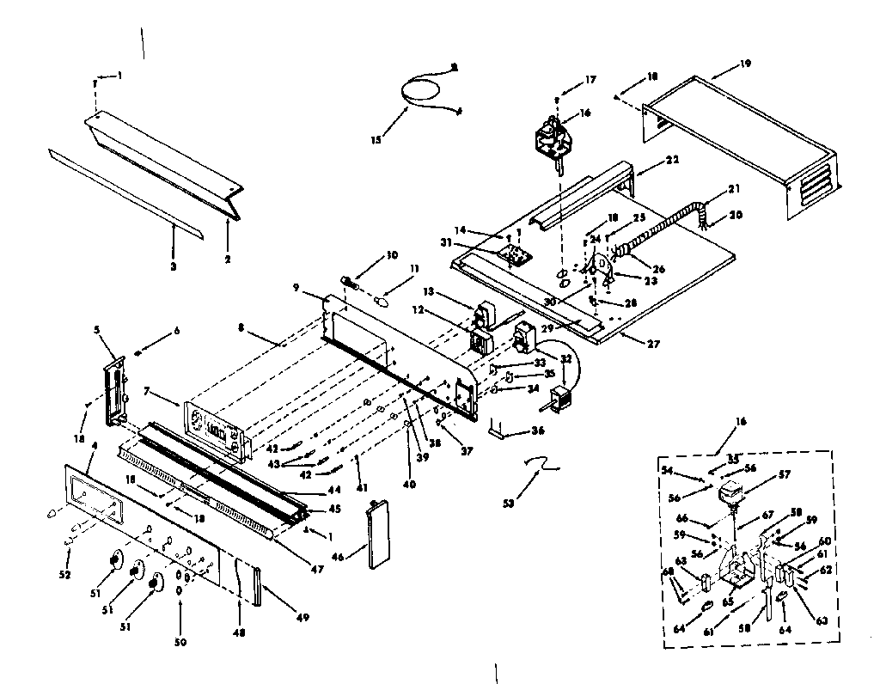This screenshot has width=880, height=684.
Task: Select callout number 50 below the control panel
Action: tap(180, 642)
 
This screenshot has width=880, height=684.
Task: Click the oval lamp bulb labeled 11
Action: tap(383, 301)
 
